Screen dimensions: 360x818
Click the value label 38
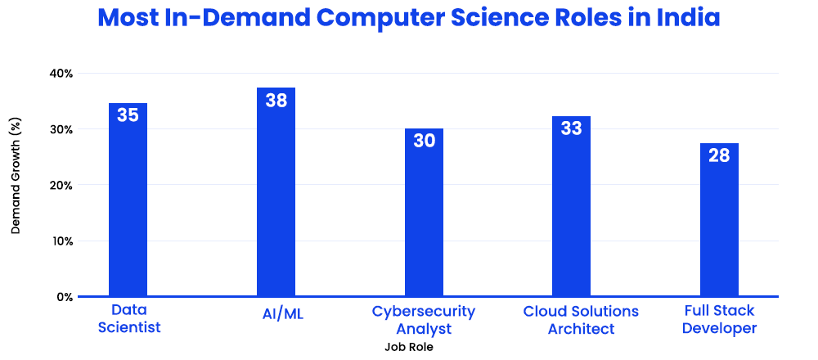tap(276, 101)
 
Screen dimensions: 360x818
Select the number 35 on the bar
tap(128, 115)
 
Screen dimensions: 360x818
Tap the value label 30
tap(424, 141)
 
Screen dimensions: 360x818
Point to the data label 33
tap(571, 128)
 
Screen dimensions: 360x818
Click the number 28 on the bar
tap(719, 155)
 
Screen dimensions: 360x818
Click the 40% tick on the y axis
tap(61, 74)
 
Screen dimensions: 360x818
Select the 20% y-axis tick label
tap(61, 186)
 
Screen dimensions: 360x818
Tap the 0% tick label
tap(64, 297)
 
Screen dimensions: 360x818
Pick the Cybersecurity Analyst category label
tap(424, 320)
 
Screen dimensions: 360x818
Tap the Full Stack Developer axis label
tap(719, 320)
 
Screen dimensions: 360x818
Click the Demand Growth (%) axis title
tap(16, 176)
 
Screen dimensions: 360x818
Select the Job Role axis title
tap(408, 347)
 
